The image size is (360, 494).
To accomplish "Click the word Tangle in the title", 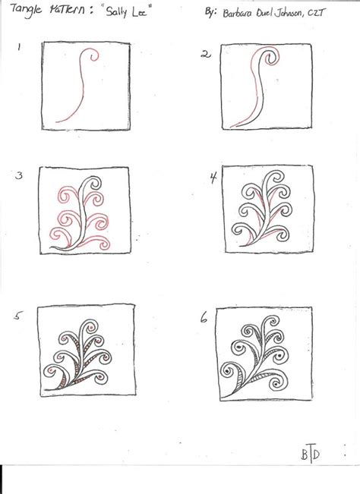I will tap(26, 13).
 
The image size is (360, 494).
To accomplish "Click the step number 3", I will tap(20, 177).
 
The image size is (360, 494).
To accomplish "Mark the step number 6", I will tap(204, 319).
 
